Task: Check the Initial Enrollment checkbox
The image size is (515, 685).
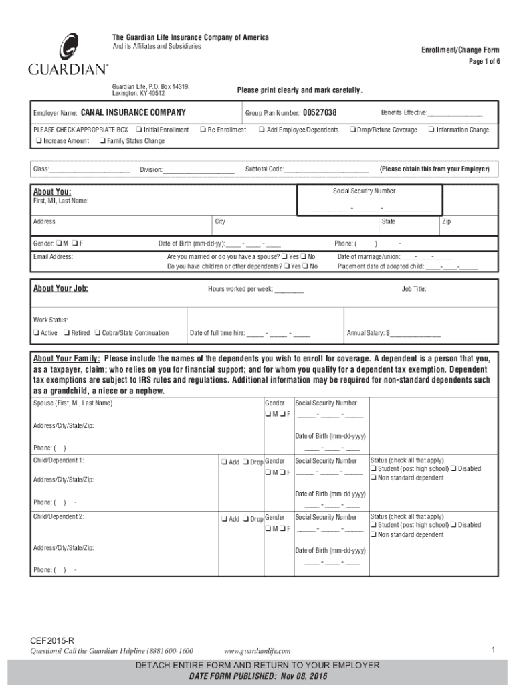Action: [x=138, y=130]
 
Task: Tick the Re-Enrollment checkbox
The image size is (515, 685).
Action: [x=202, y=130]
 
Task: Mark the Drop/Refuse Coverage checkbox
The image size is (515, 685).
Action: [x=352, y=130]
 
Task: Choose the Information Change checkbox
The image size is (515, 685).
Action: [x=431, y=130]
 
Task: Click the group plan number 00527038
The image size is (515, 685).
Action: [x=320, y=112]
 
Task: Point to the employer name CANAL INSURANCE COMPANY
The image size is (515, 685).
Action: [x=133, y=112]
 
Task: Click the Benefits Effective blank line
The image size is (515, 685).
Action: [x=455, y=114]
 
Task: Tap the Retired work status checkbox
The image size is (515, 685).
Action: [x=66, y=333]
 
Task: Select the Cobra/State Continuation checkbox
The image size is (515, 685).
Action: [x=97, y=333]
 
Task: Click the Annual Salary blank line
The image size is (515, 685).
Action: [x=415, y=334]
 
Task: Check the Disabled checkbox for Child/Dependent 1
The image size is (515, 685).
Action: [x=453, y=469]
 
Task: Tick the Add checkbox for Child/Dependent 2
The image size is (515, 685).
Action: [x=223, y=519]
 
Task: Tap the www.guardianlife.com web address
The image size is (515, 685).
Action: [x=257, y=651]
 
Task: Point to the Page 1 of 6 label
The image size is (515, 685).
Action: [x=481, y=62]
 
